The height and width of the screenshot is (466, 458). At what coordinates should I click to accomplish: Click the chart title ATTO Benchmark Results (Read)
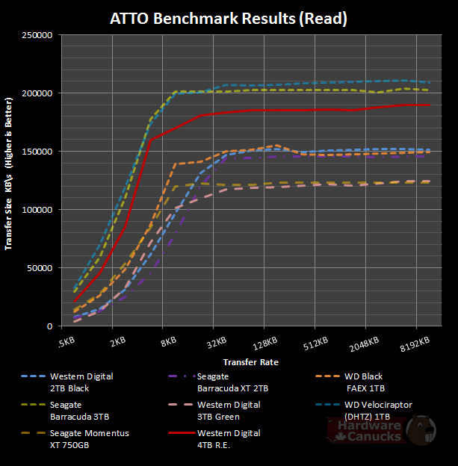[x=228, y=17]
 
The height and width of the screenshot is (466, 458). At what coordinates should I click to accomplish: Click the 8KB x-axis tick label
[x=168, y=344]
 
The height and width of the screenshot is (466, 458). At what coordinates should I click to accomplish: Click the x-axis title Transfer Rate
[x=250, y=362]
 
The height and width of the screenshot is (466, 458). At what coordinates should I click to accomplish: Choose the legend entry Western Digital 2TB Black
[x=81, y=381]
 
